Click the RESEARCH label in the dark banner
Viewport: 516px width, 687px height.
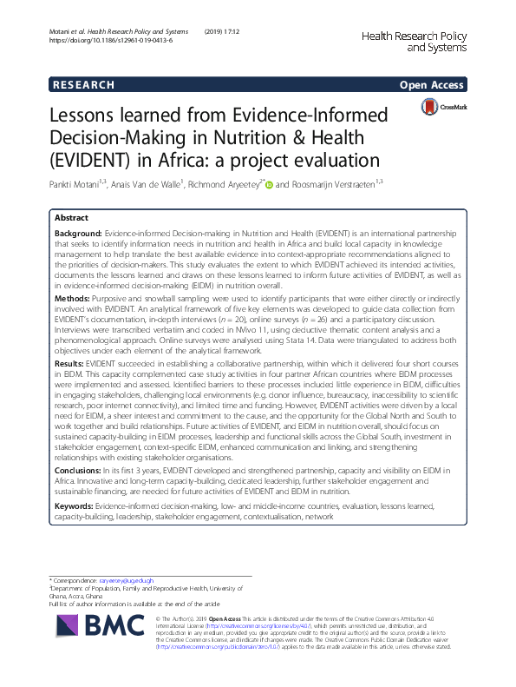(x=84, y=85)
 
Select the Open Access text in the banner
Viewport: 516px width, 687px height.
(x=431, y=85)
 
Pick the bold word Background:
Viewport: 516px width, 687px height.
(x=78, y=235)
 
